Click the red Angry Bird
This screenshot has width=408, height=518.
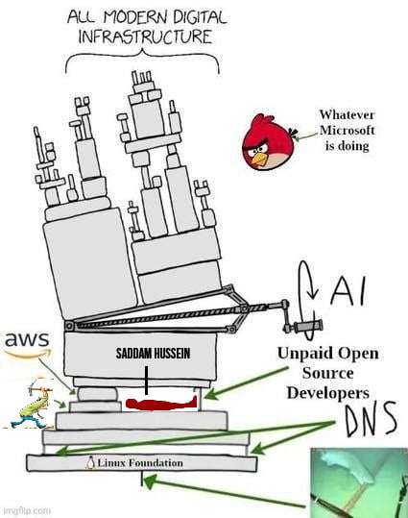tap(269, 142)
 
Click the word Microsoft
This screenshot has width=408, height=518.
tap(347, 130)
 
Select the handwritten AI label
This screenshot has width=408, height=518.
tap(348, 291)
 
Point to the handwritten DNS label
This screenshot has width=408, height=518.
tap(371, 419)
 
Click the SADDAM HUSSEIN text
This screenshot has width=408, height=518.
tap(153, 354)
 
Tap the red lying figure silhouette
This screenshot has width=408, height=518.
tap(161, 404)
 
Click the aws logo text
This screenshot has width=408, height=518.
tap(27, 339)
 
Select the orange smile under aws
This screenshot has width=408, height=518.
tap(29, 354)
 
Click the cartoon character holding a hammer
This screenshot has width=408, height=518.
tap(31, 404)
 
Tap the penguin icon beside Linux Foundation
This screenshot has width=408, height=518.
tap(90, 462)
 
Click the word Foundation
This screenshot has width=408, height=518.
tap(156, 463)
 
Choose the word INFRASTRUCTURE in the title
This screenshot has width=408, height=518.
tap(145, 37)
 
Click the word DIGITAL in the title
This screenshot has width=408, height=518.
tap(200, 17)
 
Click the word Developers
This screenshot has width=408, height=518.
tap(327, 393)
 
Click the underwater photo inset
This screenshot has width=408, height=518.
tap(359, 482)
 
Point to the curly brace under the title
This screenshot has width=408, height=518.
tap(142, 62)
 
